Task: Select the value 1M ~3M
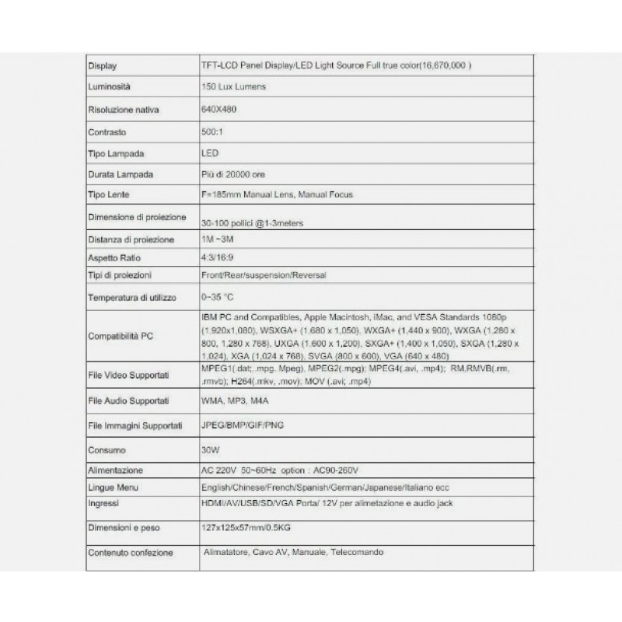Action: pyautogui.click(x=217, y=239)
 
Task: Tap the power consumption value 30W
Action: pyautogui.click(x=210, y=449)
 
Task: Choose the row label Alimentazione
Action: pyautogui.click(x=116, y=470)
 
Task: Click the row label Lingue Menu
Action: pyautogui.click(x=114, y=487)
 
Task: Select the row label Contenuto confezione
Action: pyautogui.click(x=131, y=553)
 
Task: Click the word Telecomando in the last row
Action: pyautogui.click(x=357, y=552)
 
